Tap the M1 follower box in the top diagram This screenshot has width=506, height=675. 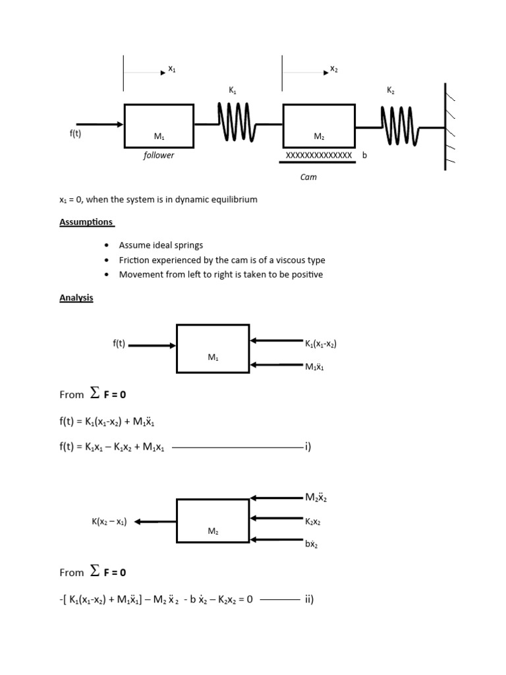(x=159, y=125)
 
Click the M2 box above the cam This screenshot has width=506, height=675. (x=319, y=125)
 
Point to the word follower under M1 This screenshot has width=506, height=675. (x=159, y=156)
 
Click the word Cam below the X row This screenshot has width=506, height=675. (x=308, y=177)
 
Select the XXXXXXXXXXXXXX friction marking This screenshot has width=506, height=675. (x=319, y=155)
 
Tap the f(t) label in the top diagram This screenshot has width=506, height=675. (x=75, y=133)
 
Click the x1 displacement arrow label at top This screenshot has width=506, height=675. (x=171, y=69)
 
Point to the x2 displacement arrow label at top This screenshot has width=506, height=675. (x=333, y=69)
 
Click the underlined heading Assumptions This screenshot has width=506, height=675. (x=86, y=222)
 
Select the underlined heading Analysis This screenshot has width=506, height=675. (x=76, y=298)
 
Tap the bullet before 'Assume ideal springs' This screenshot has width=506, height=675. (x=107, y=245)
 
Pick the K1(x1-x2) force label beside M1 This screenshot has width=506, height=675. (x=322, y=343)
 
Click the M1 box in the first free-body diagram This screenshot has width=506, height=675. (x=213, y=349)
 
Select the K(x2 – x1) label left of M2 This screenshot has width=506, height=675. (x=109, y=521)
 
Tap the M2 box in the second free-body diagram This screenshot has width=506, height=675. (x=213, y=521)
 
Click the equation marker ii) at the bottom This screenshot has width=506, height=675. (x=309, y=599)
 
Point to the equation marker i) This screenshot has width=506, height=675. (x=307, y=447)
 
